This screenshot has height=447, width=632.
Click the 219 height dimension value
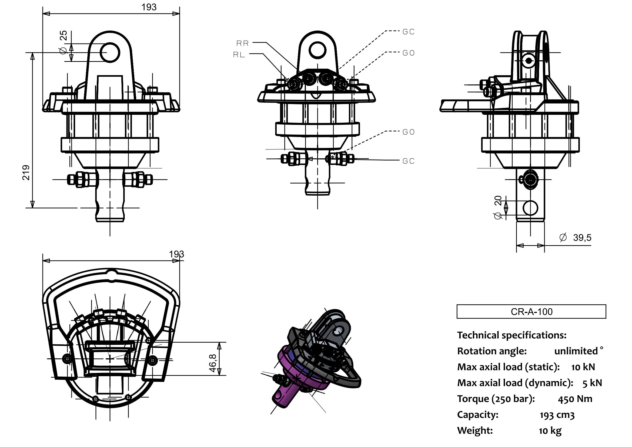[26, 173]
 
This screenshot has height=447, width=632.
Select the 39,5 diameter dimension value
[582, 238]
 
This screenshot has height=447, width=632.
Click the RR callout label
[242, 44]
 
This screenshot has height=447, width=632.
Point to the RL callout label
[239, 55]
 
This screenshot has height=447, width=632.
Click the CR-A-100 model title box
[531, 312]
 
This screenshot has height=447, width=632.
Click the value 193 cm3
[557, 415]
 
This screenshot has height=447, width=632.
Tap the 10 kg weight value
[550, 431]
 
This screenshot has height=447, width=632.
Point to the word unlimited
[576, 351]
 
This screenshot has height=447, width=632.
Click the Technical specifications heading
[511, 335]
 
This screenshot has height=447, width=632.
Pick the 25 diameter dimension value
[63, 35]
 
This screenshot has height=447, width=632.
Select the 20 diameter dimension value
[498, 200]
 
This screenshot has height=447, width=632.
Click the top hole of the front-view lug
[110, 52]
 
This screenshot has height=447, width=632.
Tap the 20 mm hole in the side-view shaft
[530, 208]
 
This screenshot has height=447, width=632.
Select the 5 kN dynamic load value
[592, 383]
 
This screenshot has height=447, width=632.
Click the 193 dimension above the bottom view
[176, 254]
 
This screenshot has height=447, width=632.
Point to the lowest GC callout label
[408, 161]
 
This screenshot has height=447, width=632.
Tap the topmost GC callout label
[408, 32]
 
